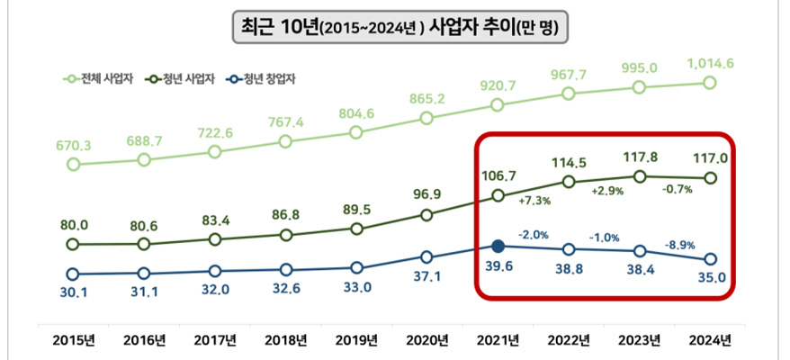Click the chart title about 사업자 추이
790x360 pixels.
(x=395, y=27)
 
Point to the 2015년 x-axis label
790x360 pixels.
(x=74, y=340)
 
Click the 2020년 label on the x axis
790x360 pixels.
(x=426, y=340)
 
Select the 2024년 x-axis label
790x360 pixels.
(x=709, y=340)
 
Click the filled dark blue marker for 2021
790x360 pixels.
(x=498, y=244)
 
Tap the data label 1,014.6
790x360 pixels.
(x=710, y=63)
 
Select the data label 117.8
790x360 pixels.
(x=639, y=156)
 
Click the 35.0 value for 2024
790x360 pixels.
(x=709, y=277)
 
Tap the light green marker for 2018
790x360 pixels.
(x=285, y=141)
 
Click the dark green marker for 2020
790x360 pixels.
(x=427, y=215)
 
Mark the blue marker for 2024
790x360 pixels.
(x=709, y=258)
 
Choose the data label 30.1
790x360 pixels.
(x=73, y=292)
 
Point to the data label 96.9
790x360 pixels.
(x=427, y=193)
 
